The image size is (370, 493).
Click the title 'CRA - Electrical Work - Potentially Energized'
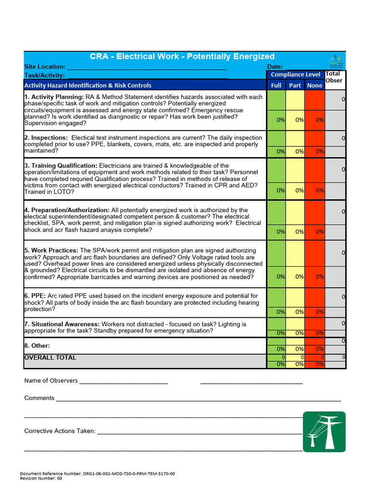182,56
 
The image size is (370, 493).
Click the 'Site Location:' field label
45,67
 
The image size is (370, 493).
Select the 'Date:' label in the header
275,67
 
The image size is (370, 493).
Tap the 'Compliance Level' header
295,74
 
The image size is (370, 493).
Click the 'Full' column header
276,85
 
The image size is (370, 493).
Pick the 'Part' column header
295,85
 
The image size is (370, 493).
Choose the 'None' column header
315,85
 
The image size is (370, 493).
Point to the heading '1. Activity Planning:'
54,97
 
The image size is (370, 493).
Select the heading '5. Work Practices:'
51,251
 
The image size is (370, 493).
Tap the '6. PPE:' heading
36,296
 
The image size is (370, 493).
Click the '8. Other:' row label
37,346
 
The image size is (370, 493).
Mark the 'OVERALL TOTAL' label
50,358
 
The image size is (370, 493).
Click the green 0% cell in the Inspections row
276,151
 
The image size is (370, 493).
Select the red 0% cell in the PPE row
315,311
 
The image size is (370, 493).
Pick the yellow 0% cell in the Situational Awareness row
295,333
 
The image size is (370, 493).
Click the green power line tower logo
324,431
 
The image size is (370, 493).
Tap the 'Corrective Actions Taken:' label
60,431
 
